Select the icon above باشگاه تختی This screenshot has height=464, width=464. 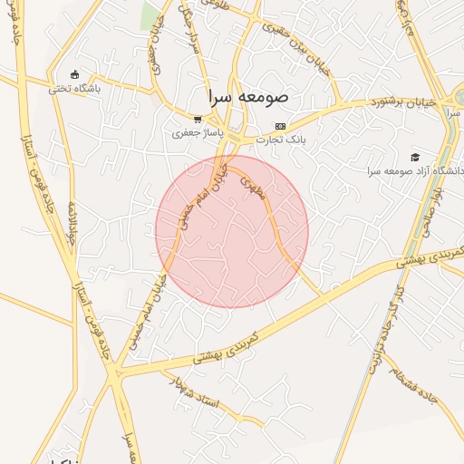74,75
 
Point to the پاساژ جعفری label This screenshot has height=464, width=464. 198,133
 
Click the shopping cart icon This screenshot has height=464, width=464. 198,120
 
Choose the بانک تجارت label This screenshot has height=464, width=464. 281,140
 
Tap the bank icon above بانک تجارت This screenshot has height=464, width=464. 281,126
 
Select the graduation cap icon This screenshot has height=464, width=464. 415,157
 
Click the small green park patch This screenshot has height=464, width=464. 150,14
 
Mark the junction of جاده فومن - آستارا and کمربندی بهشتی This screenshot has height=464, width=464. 114,371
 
